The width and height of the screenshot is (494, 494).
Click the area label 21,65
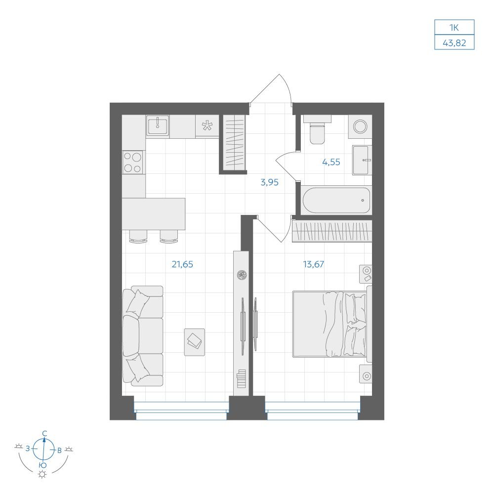[x=182, y=264]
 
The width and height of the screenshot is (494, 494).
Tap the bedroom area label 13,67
[x=314, y=264]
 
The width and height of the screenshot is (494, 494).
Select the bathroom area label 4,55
[x=331, y=162]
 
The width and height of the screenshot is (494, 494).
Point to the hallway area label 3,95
[x=269, y=182]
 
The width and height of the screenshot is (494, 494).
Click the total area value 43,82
[x=454, y=42]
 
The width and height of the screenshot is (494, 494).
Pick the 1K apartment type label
[x=454, y=28]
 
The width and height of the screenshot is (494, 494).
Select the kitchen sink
[x=158, y=125]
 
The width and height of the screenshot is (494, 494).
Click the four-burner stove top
[x=132, y=162]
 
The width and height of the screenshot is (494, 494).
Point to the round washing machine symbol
[x=361, y=126]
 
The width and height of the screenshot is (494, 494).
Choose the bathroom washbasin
[x=362, y=160]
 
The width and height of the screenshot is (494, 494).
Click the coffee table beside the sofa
[x=194, y=342]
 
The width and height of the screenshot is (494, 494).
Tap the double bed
[x=332, y=324]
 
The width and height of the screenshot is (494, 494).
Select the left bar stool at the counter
[x=138, y=236]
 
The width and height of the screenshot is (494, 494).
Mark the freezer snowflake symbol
[x=207, y=125]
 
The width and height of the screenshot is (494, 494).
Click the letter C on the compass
[x=45, y=433]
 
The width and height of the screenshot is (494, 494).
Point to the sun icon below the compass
[x=42, y=474]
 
